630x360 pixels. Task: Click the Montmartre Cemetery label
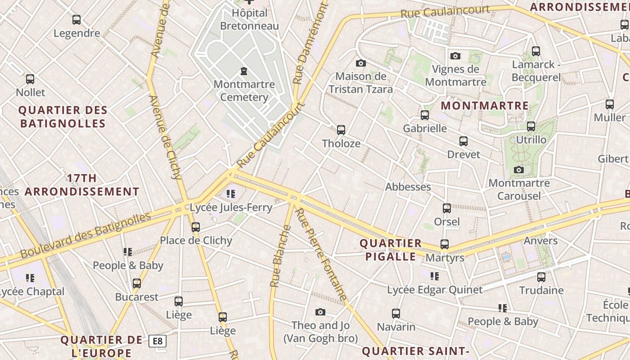[x=244, y=90]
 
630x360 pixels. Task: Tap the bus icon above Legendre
[x=76, y=20]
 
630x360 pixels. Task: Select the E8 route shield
[x=157, y=341]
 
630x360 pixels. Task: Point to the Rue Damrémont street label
[x=310, y=43]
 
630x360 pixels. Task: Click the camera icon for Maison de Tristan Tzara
[x=360, y=63]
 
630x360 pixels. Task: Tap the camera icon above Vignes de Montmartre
[x=455, y=56]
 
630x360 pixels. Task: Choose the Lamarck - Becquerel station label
[x=536, y=71]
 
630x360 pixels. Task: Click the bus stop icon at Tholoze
[x=341, y=130]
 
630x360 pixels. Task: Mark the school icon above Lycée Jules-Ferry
[x=231, y=194]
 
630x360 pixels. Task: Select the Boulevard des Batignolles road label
[x=85, y=235]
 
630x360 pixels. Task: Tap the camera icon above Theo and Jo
[x=320, y=312]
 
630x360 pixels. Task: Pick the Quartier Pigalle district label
[x=390, y=250]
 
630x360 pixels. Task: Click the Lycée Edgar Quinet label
[x=435, y=290]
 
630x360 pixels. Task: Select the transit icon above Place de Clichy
[x=196, y=227]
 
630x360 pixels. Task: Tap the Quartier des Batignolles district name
[x=63, y=117]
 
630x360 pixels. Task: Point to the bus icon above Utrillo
[x=531, y=126]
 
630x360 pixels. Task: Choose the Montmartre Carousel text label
[x=519, y=189]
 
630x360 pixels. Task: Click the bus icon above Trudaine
[x=541, y=277]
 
